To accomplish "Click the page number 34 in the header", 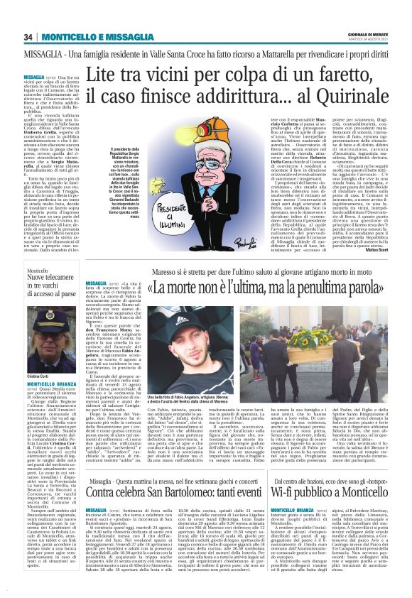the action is pos(28,37).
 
